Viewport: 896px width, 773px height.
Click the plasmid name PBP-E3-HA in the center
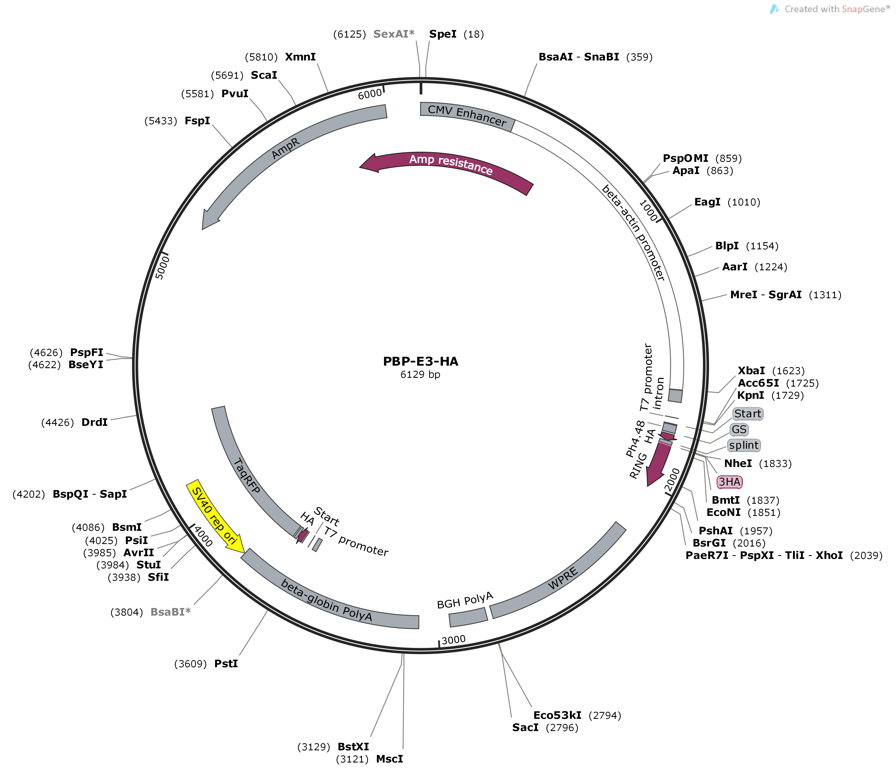[420, 361]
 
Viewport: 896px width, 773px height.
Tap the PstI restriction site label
[226, 664]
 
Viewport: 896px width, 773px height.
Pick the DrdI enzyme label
[94, 422]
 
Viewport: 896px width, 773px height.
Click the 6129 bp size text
[420, 375]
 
